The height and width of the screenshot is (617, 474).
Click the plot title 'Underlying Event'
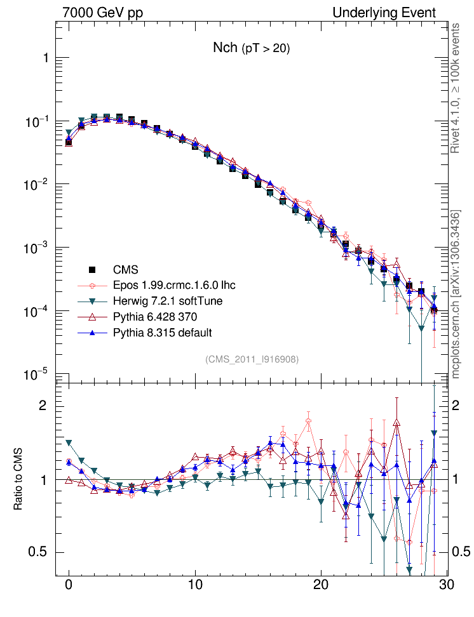(384, 13)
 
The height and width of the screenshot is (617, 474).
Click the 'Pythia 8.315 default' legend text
(162, 333)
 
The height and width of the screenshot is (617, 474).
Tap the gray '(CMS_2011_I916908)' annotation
(252, 359)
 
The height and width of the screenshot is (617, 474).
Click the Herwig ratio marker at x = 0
(69, 443)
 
